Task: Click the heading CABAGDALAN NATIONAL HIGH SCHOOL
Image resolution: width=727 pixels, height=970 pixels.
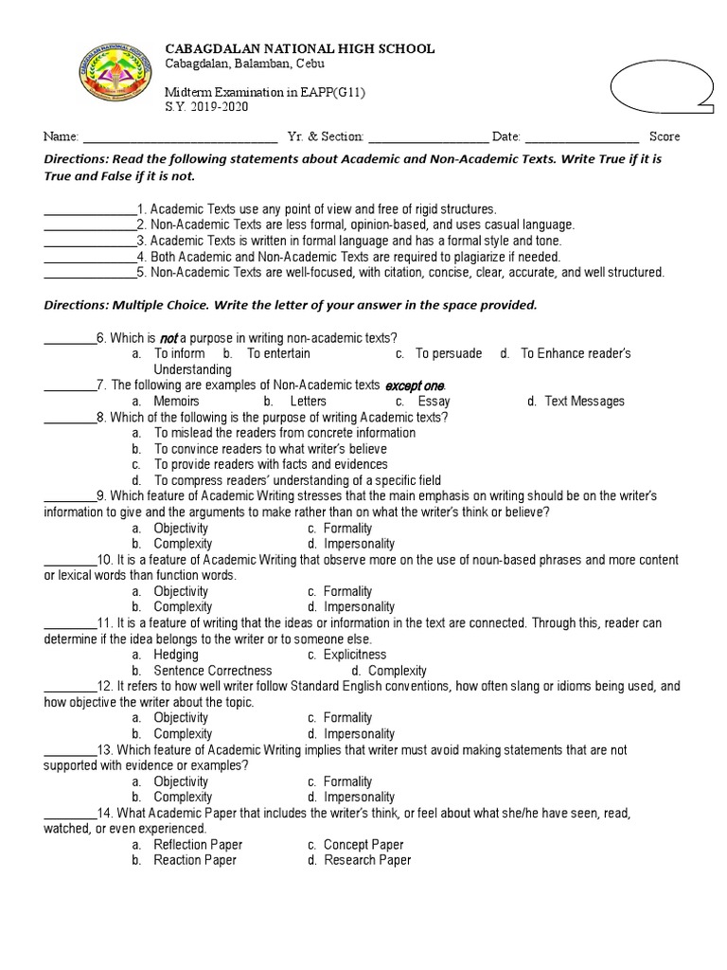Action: point(301,48)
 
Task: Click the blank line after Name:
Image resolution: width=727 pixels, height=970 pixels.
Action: point(180,137)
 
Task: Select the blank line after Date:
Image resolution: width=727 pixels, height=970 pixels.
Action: point(581,137)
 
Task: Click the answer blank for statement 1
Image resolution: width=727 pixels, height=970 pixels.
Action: point(90,209)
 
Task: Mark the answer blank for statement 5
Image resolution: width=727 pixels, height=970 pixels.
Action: point(90,273)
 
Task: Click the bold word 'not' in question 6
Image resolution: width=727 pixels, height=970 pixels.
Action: point(168,338)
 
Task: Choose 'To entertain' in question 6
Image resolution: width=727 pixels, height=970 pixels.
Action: point(278,353)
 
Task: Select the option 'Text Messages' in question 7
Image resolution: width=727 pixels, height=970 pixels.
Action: point(584,402)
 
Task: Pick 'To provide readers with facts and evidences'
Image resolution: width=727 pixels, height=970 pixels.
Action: point(271,464)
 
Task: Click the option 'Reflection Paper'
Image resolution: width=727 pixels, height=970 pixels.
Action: point(198,845)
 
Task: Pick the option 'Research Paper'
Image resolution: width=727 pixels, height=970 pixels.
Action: point(367,860)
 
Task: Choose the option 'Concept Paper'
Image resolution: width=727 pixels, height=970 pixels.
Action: point(363,845)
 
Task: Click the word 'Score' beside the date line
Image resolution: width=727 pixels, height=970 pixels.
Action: point(664,136)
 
